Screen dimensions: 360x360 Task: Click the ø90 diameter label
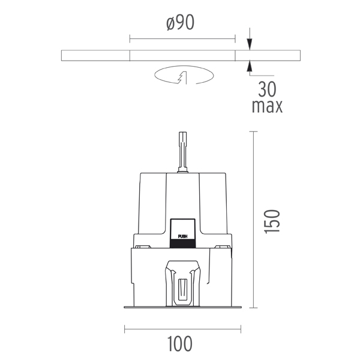(180, 23)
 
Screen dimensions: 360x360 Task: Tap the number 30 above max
(267, 89)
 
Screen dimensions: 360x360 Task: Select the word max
(267, 106)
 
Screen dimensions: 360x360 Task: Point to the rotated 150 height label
(272, 221)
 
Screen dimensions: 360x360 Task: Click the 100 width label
(180, 344)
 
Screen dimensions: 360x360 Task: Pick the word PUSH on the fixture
(183, 236)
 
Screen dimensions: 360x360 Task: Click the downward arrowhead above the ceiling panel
(250, 44)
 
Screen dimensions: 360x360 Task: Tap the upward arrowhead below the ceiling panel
(250, 67)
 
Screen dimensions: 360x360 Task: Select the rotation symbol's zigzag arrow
(182, 77)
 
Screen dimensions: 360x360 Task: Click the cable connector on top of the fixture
(183, 152)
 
